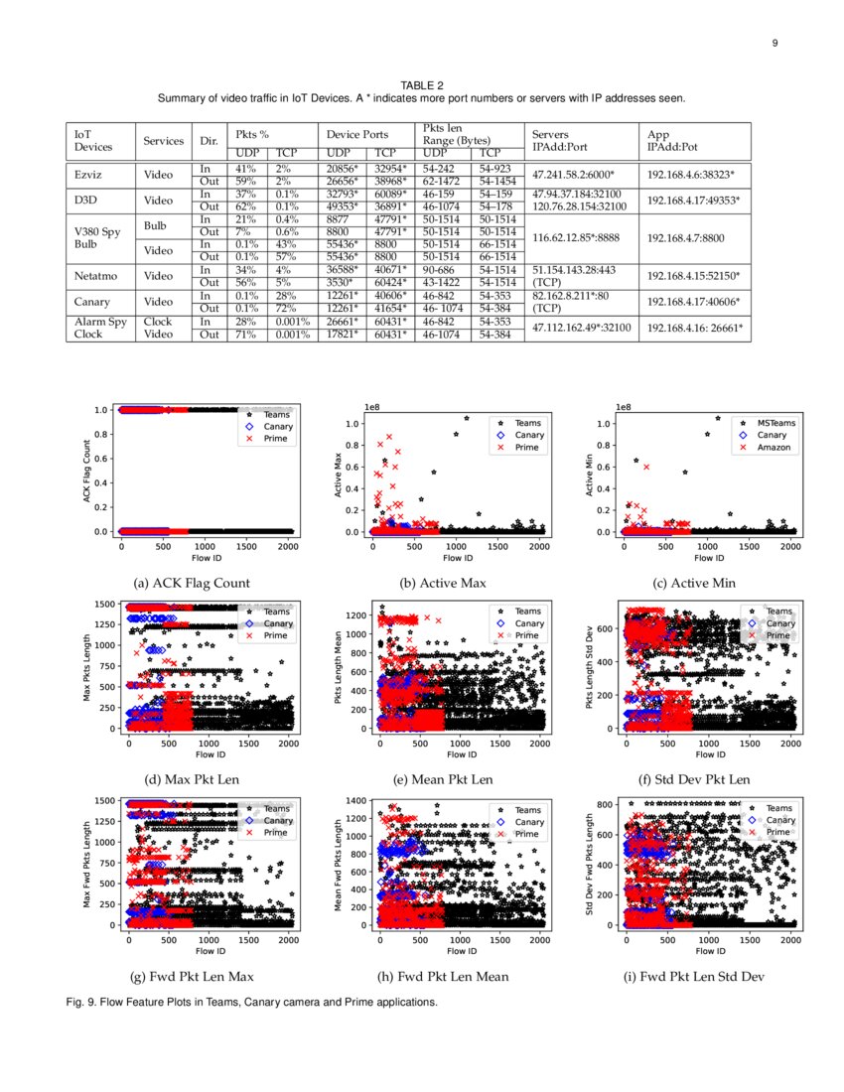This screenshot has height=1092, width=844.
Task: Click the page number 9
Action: pyautogui.click(x=774, y=43)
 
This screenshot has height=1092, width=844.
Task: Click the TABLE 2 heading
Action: pyautogui.click(x=422, y=86)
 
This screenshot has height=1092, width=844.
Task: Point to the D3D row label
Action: pyautogui.click(x=86, y=201)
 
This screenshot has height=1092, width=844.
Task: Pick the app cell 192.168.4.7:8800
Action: pyautogui.click(x=686, y=238)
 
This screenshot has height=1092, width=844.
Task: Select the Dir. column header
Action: pyautogui.click(x=209, y=141)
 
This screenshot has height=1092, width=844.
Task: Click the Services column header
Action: pyautogui.click(x=164, y=141)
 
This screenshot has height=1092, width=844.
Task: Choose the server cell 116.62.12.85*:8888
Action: pyautogui.click(x=578, y=238)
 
